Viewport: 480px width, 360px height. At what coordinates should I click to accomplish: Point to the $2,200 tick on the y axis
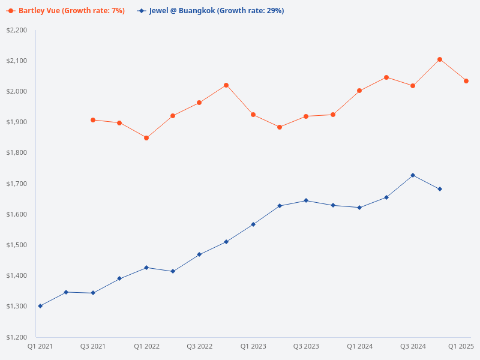[x=17, y=30]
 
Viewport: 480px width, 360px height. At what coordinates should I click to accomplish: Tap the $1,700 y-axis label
[x=17, y=184]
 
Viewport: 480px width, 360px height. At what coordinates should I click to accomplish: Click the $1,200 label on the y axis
[x=17, y=337]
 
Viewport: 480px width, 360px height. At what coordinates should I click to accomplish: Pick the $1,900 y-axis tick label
[x=17, y=122]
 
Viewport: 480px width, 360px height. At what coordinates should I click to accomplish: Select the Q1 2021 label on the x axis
[x=40, y=346]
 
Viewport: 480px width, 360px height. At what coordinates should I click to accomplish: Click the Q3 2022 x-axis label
[x=200, y=346]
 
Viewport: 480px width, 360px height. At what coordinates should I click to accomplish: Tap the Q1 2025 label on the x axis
[x=461, y=346]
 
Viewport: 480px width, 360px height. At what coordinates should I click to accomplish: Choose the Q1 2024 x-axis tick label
[x=360, y=346]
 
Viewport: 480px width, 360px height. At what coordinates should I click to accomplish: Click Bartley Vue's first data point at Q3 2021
[x=93, y=120]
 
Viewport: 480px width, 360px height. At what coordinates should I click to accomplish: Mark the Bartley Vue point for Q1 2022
[x=146, y=138]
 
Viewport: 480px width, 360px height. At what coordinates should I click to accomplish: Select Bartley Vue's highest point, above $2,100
[x=440, y=59]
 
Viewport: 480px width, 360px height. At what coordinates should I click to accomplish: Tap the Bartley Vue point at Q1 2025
[x=466, y=81]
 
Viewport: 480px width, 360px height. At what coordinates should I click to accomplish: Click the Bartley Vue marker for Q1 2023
[x=253, y=115]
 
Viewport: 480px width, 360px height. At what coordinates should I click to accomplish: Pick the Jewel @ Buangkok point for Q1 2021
[x=40, y=306]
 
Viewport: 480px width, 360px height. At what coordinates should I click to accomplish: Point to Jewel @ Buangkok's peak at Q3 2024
[x=413, y=175]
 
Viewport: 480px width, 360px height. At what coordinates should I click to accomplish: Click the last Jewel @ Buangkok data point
[x=440, y=189]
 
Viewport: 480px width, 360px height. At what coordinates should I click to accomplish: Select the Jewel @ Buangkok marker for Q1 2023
[x=253, y=224]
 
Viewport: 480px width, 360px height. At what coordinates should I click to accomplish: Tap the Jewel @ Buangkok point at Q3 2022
[x=199, y=254]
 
